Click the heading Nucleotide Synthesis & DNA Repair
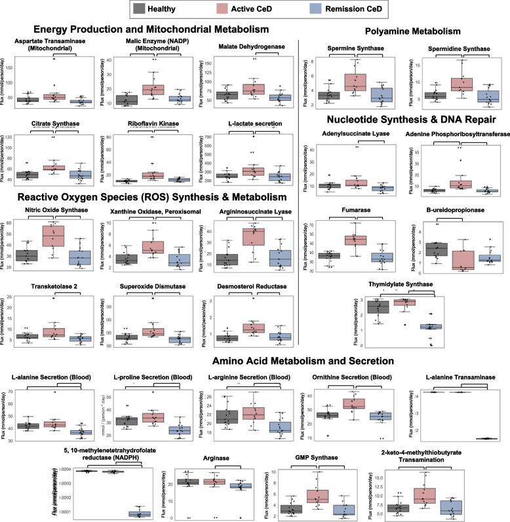coord(404,119)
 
